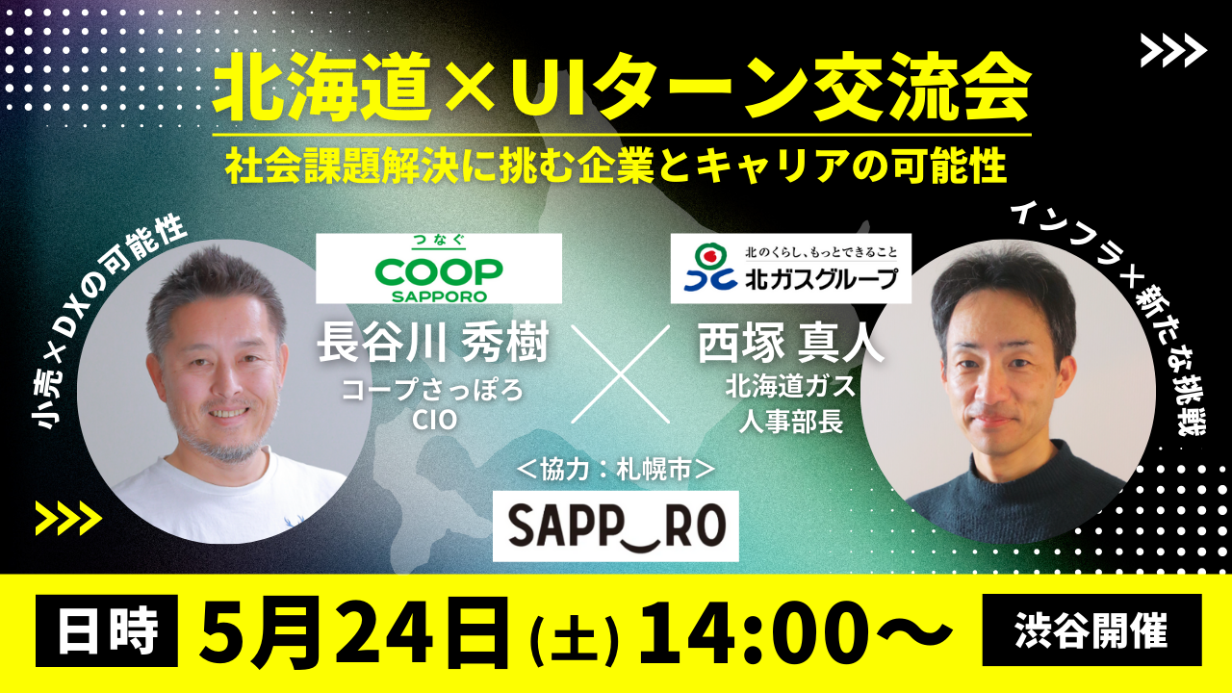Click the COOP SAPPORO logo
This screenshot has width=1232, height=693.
(438, 269)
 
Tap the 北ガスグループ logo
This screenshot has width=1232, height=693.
(791, 269)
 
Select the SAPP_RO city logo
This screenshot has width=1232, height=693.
(615, 526)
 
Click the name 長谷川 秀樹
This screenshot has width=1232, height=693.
(433, 344)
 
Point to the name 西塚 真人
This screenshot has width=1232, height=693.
(791, 344)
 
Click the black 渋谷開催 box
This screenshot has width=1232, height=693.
(1091, 630)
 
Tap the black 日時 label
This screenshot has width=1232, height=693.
(107, 630)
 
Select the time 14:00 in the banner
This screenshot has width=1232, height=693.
(766, 631)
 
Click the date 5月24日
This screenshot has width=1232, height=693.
(355, 631)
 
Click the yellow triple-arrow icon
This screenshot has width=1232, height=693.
(68, 518)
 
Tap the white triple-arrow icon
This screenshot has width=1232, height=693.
(1173, 50)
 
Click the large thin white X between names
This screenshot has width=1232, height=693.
(621, 374)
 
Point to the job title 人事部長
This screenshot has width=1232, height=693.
(791, 423)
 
